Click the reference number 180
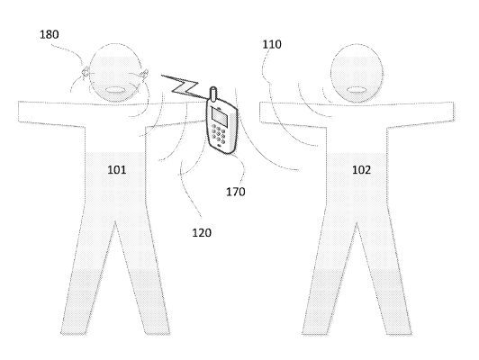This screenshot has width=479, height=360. point(50,34)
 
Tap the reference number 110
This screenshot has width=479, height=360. point(272,45)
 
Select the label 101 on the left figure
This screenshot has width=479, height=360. point(117,170)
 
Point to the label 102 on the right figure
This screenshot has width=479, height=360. point(361,170)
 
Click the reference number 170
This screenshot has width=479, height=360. point(236,192)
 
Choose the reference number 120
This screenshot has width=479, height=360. point(202,233)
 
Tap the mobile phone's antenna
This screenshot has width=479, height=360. point(213,94)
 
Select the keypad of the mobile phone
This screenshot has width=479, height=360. point(219,134)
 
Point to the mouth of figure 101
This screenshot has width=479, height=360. point(115,90)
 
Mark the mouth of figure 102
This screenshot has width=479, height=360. point(357,90)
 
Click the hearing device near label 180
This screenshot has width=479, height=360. point(86,74)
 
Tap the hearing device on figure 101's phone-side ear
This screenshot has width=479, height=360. point(144,75)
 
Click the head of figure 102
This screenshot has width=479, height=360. point(357,73)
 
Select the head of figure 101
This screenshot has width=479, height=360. point(115,73)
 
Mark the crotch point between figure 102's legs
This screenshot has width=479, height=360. point(357,222)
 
